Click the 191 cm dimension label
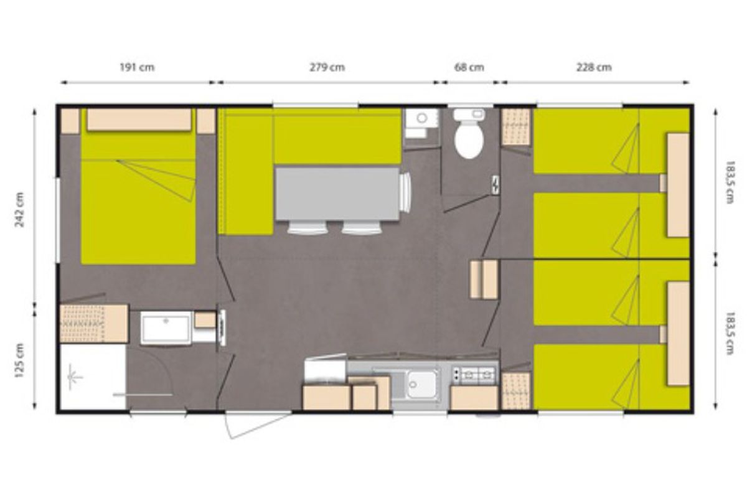tap(137, 67)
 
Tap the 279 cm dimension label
tap(327, 67)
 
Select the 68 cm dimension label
tap(469, 67)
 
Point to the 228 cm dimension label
tap(594, 67)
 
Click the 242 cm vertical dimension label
tap(20, 210)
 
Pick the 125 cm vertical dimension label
tap(20, 360)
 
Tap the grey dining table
tap(337, 194)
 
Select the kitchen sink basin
tap(422, 385)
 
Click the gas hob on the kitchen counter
tap(474, 375)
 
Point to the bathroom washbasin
tap(166, 328)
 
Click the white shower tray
tap(93, 377)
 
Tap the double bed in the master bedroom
tap(138, 187)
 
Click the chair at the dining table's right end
tap(405, 192)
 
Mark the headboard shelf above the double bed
tap(139, 120)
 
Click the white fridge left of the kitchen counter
tap(325, 369)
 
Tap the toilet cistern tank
tap(469, 115)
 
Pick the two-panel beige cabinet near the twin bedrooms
tap(484, 279)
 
